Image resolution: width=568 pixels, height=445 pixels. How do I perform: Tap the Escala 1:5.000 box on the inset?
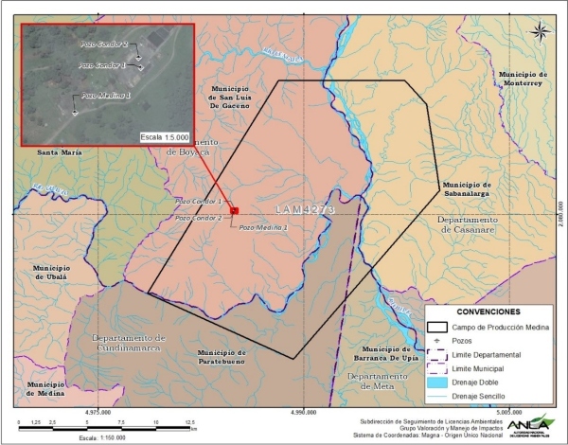[x=165, y=136]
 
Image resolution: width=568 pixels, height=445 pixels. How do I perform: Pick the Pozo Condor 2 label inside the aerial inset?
[x=103, y=44]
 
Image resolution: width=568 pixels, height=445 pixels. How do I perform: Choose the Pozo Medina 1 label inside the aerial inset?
[x=104, y=96]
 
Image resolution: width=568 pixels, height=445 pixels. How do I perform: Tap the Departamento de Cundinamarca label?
[x=131, y=343]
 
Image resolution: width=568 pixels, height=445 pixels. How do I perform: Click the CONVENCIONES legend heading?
[x=481, y=311]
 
